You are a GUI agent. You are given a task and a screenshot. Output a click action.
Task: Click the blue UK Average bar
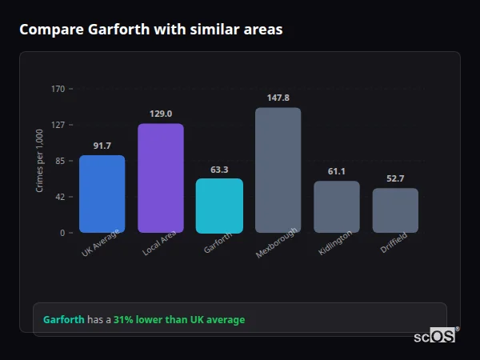tap(102, 194)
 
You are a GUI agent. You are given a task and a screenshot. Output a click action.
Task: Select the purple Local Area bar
tap(161, 178)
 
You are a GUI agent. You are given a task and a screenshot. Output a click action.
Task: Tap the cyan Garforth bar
tap(219, 206)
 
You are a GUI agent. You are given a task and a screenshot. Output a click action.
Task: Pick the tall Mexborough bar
tap(278, 170)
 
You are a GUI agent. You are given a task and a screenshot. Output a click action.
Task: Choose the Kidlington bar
tap(336, 206)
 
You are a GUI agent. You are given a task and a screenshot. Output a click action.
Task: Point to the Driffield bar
tap(395, 210)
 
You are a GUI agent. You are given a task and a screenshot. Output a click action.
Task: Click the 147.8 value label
tap(278, 98)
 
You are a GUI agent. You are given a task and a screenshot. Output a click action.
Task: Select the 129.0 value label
tap(161, 114)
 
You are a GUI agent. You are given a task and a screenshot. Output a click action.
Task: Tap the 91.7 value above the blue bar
tap(102, 146)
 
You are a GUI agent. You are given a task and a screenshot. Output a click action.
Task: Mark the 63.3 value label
tap(219, 170)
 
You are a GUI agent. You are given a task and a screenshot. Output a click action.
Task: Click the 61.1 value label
tap(336, 171)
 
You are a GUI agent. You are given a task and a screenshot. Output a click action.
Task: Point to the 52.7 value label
tap(395, 178)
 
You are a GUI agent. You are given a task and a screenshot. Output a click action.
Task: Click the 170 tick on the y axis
tap(58, 89)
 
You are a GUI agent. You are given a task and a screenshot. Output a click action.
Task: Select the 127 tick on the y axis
tap(58, 125)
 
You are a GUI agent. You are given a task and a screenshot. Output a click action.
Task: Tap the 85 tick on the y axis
tap(59, 161)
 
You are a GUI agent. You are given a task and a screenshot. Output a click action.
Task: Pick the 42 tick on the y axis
tap(59, 197)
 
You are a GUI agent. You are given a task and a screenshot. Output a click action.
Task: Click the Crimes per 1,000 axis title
tap(40, 161)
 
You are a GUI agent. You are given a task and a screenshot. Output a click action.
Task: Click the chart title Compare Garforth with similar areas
tap(150, 30)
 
